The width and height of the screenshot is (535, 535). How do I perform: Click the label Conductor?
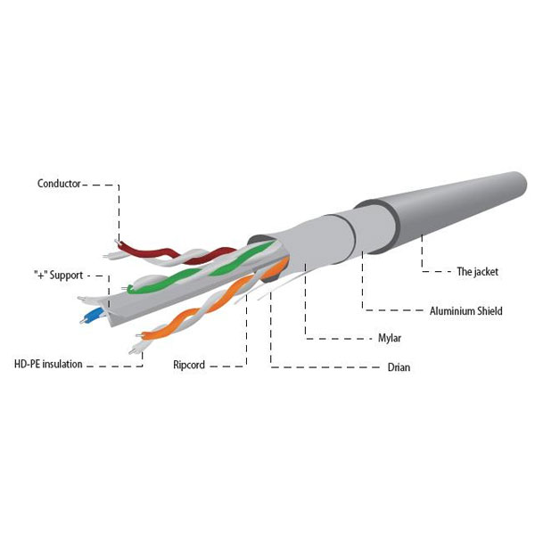tap(59, 184)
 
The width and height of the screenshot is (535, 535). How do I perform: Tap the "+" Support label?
tap(58, 276)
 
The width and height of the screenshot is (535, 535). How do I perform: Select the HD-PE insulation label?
tap(48, 364)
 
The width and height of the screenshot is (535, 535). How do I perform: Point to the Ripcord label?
tap(189, 365)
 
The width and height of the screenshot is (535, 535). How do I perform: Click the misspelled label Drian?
tap(399, 367)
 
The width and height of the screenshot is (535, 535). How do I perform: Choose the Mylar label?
tap(390, 338)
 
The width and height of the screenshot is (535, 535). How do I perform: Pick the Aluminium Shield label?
tap(465, 311)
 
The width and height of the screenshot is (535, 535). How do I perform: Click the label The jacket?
tap(477, 272)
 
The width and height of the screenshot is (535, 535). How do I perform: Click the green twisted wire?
tap(202, 267)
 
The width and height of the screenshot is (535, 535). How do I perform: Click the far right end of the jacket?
tap(526, 184)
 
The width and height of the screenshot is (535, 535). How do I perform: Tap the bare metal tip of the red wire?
tap(117, 242)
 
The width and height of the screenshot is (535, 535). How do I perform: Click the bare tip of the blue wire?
tap(82, 321)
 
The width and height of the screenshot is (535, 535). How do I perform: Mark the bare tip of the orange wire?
tap(138, 336)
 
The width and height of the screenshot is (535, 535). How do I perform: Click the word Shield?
tap(490, 311)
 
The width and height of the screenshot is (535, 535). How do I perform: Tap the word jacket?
tap(485, 272)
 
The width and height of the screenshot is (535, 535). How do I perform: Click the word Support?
tap(66, 276)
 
